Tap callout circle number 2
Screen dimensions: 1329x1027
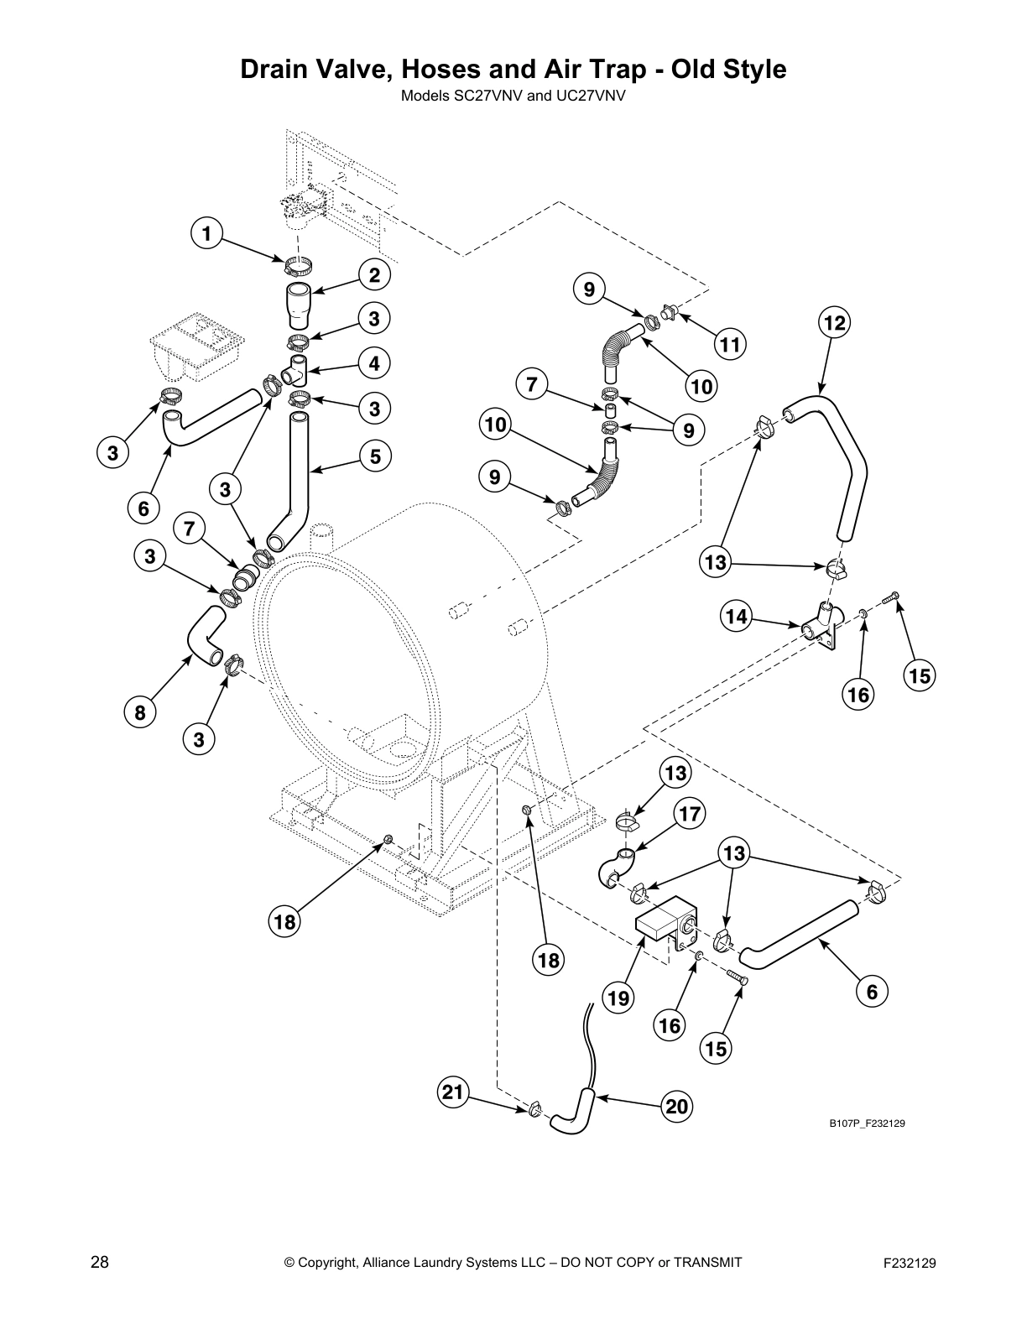[373, 274]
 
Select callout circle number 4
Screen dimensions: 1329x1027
[373, 363]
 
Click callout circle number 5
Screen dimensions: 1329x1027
[374, 456]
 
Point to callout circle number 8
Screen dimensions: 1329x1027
[139, 713]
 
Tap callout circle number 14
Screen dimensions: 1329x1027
[736, 617]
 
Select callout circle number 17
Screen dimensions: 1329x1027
[690, 813]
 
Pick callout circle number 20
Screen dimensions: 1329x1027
[676, 1107]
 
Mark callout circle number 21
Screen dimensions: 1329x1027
[452, 1092]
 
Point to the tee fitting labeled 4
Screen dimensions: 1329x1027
[296, 369]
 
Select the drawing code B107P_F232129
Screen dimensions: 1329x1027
[867, 1123]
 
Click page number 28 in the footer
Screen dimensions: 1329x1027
[99, 1262]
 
